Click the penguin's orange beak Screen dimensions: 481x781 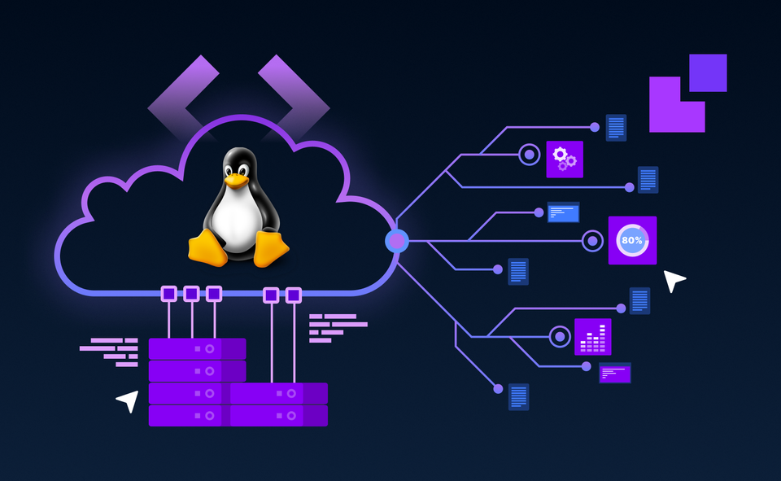(x=236, y=181)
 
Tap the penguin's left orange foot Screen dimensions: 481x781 (x=208, y=247)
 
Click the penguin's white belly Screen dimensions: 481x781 (x=239, y=216)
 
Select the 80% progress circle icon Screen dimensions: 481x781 (x=632, y=240)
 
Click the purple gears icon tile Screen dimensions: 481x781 (x=564, y=159)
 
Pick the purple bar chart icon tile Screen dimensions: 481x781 (x=592, y=336)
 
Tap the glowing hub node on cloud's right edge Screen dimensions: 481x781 (x=396, y=240)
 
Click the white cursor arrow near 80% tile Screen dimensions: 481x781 (x=674, y=281)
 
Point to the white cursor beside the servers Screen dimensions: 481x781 (x=129, y=400)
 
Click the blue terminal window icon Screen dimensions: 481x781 (x=563, y=212)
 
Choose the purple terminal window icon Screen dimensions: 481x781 (x=614, y=373)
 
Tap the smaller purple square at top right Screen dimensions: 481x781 (x=708, y=72)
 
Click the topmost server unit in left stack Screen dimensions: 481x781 (x=197, y=348)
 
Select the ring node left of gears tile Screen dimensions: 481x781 (x=530, y=154)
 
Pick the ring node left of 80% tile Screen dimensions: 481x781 (x=592, y=240)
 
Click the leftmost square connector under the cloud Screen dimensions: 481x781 (x=168, y=293)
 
